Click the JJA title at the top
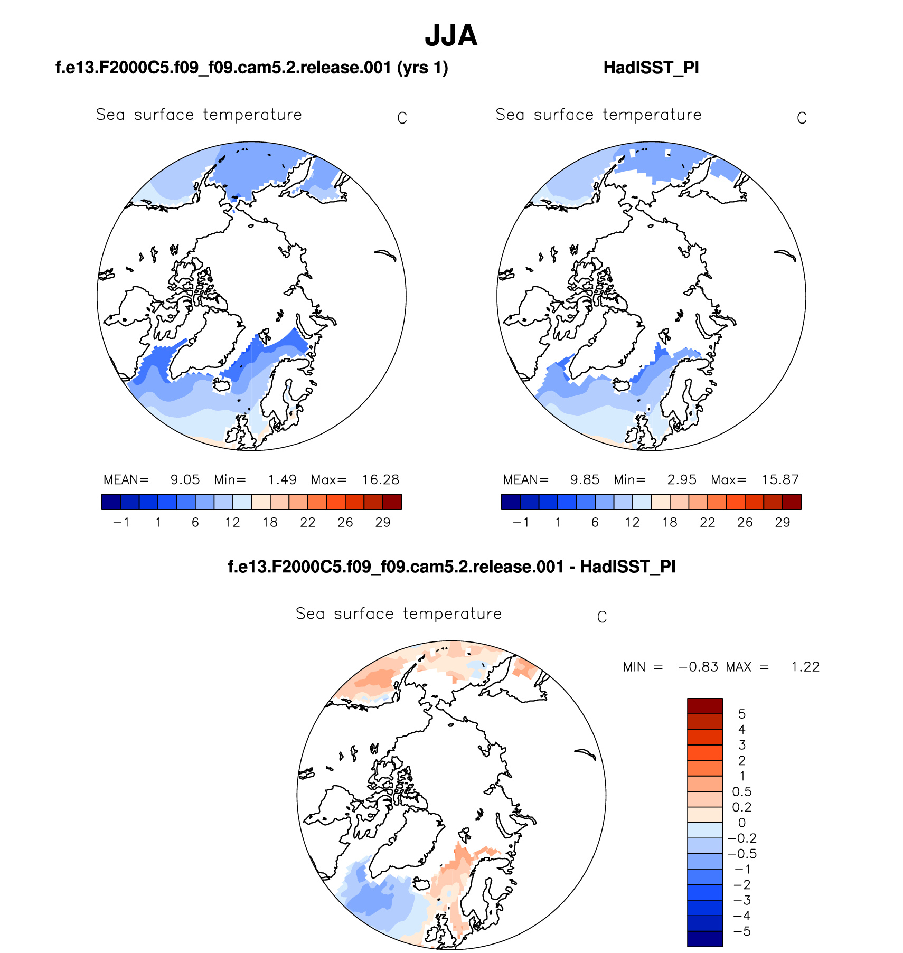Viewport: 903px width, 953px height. tap(451, 36)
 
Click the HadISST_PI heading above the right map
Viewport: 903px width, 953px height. tap(651, 68)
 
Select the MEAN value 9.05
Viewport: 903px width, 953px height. tap(185, 479)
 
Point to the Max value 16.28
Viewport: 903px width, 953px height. tap(380, 479)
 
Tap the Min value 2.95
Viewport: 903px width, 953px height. tap(682, 479)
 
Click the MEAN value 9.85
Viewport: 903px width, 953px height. tap(585, 479)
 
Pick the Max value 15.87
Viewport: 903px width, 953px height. tap(780, 479)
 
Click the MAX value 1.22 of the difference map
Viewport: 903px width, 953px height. tap(805, 667)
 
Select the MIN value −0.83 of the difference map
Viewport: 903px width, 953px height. tap(698, 667)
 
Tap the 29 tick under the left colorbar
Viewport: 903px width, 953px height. tap(383, 522)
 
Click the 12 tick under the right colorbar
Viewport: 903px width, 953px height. tap(632, 522)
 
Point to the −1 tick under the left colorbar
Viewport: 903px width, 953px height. tap(121, 522)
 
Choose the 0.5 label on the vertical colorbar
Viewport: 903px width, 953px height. tap(741, 791)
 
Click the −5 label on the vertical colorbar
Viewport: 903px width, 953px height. tap(741, 931)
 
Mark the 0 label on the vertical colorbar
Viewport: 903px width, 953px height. tap(741, 823)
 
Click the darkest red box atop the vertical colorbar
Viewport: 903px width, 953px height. tap(704, 706)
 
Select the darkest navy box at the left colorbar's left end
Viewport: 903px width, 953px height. tap(111, 502)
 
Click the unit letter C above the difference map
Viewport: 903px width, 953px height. tap(601, 617)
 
